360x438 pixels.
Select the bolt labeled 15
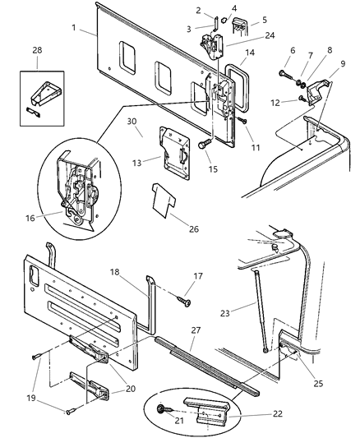click(201, 145)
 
